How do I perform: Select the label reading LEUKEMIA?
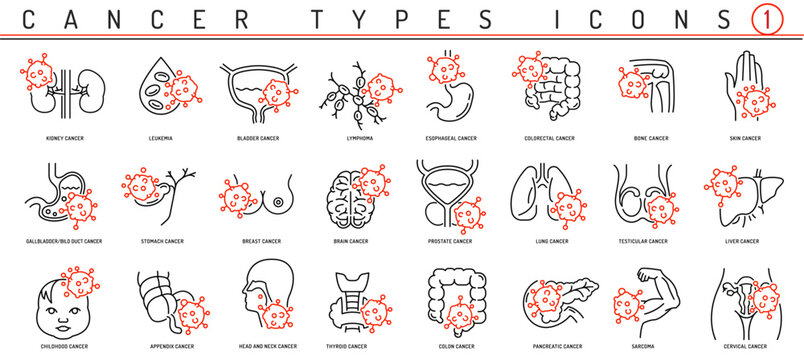tap(157, 138)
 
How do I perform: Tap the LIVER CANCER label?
tap(743, 241)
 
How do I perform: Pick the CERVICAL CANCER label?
tap(743, 346)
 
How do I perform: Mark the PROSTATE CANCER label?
tap(449, 241)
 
